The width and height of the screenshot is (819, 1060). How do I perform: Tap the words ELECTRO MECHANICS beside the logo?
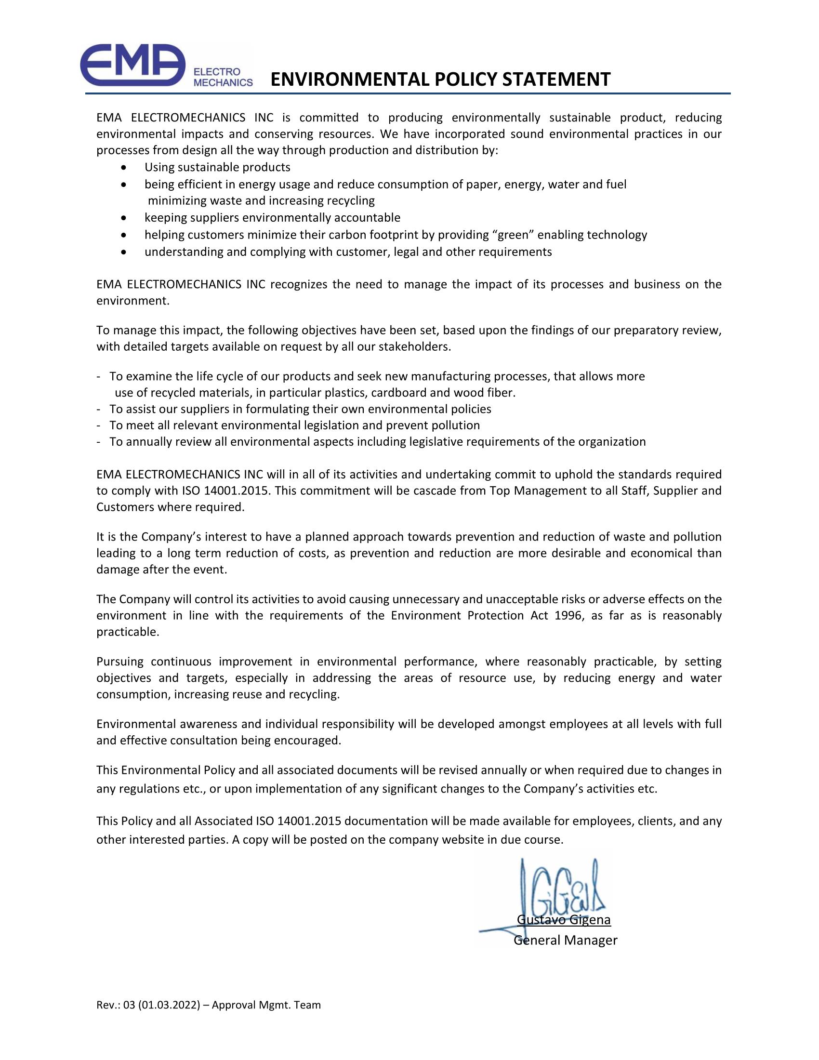223,77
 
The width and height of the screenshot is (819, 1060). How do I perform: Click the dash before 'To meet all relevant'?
99,425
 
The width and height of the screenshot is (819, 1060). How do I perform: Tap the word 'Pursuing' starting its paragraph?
120,662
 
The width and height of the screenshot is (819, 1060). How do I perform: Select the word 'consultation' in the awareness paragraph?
207,741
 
